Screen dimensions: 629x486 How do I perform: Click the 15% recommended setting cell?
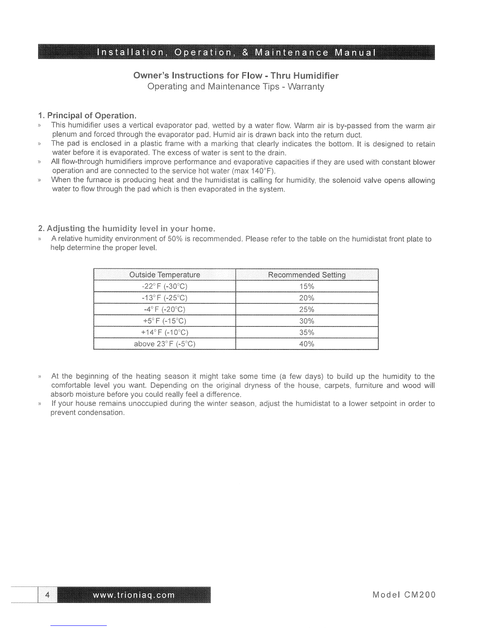[x=307, y=287]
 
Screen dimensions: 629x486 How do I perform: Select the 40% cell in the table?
[x=307, y=344]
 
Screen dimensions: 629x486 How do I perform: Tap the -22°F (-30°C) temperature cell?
[x=164, y=287]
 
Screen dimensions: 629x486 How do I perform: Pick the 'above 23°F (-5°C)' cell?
[x=164, y=344]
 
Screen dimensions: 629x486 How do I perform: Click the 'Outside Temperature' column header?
[x=164, y=275]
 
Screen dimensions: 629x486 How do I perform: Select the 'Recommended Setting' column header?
[x=307, y=275]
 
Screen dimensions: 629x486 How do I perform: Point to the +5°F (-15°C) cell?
[x=164, y=321]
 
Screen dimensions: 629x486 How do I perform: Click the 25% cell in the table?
[x=307, y=309]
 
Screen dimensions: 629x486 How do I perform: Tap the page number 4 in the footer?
[x=48, y=594]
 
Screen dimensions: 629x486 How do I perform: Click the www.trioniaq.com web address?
[x=133, y=595]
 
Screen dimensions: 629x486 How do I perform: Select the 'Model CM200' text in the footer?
[x=404, y=594]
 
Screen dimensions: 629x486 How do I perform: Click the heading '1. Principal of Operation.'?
[x=87, y=116]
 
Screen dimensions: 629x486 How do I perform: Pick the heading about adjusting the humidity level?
[x=126, y=229]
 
